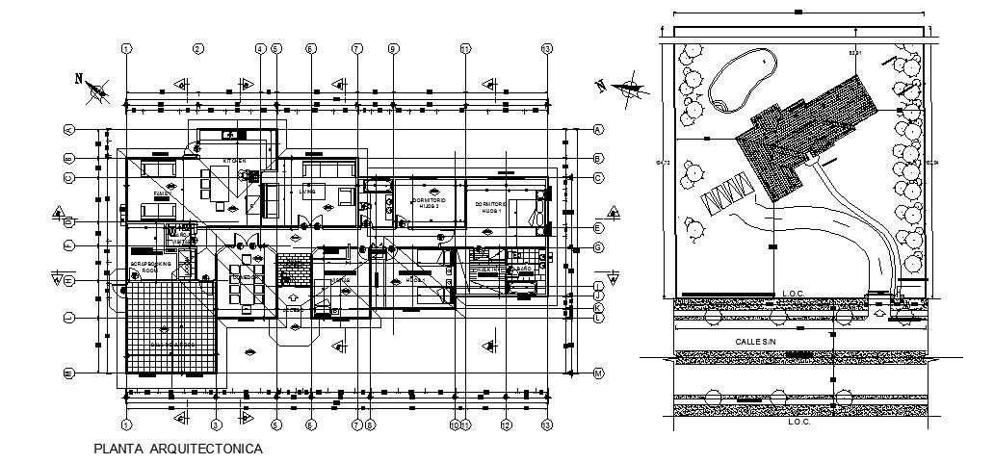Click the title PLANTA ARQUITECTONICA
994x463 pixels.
coord(176,449)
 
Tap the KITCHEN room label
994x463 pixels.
coord(235,160)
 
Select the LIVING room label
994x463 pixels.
coord(307,192)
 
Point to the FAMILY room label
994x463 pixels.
coord(163,193)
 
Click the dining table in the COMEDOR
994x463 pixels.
coord(245,278)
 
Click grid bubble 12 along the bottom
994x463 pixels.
coord(505,424)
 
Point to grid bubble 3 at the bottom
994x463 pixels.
coord(216,424)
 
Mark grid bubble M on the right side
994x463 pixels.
coord(597,373)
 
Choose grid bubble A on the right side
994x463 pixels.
coord(597,129)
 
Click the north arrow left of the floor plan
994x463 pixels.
coord(95,90)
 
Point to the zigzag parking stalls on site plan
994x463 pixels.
coord(727,197)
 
